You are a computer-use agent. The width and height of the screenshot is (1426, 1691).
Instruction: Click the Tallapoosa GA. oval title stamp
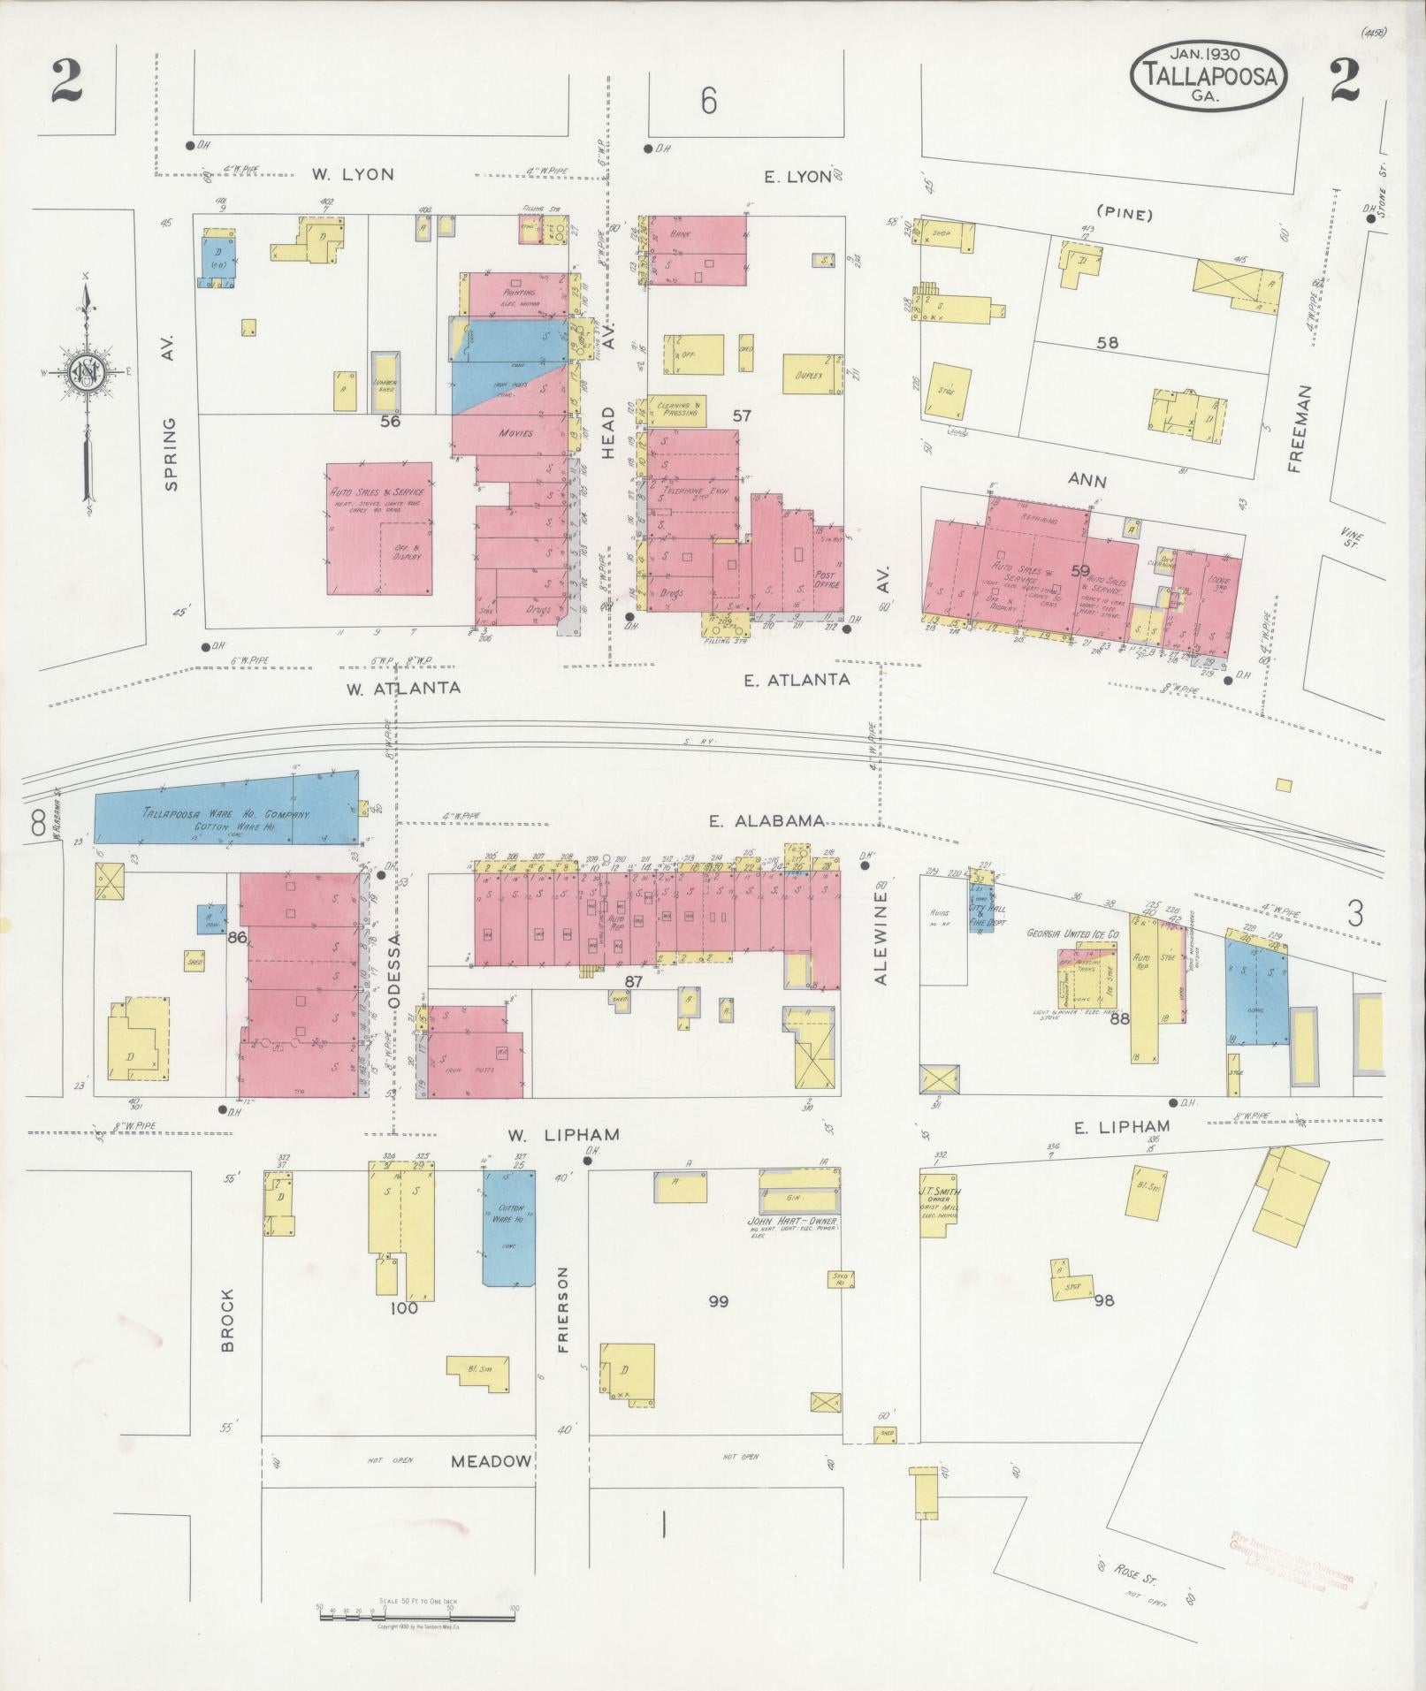click(x=1208, y=77)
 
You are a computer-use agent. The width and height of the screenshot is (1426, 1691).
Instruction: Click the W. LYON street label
click(x=353, y=174)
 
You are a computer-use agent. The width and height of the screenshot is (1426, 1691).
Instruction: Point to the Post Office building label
click(x=827, y=579)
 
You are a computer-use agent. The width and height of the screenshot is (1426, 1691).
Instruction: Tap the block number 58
click(x=1107, y=343)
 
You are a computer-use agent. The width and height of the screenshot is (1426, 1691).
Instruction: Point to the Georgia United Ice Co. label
click(x=1073, y=933)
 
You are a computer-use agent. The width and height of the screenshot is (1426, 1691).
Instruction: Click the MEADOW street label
click(x=491, y=1462)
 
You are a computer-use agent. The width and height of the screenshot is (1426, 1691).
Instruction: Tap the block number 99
click(x=718, y=1301)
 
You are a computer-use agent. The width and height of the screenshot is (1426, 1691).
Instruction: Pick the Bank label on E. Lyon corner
click(x=679, y=234)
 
